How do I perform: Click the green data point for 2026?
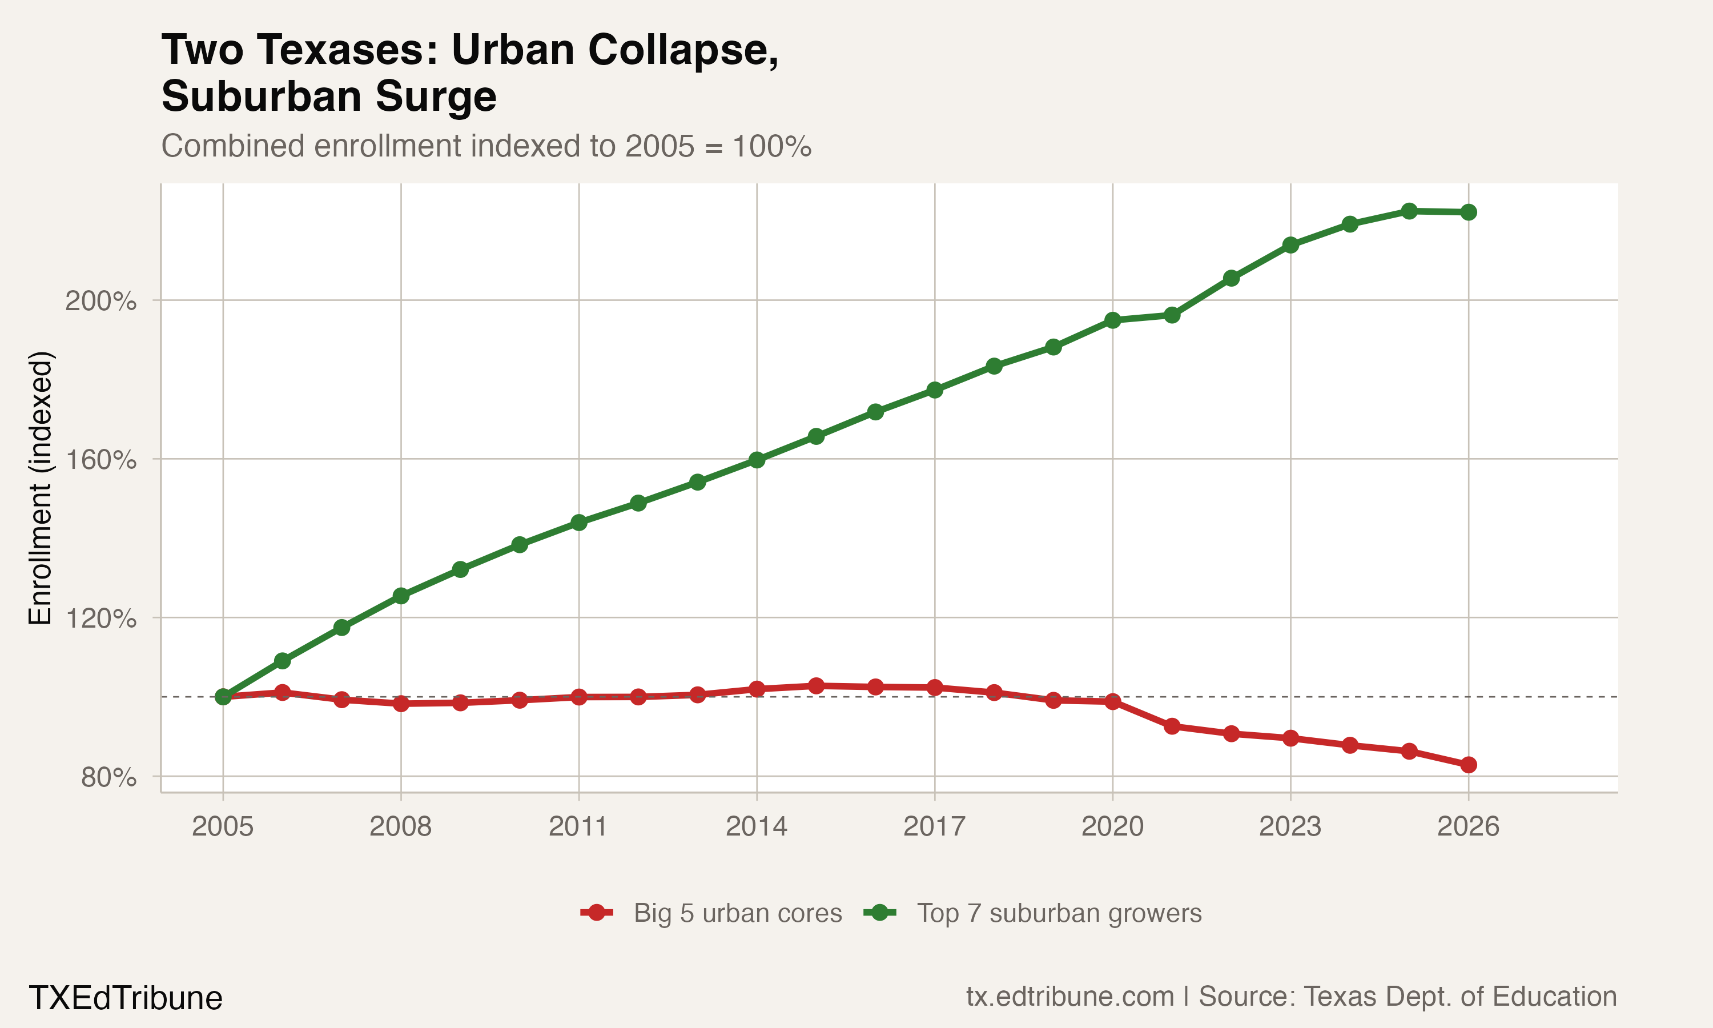coord(1468,212)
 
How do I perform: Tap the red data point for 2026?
coord(1468,765)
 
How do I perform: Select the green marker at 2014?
coord(757,460)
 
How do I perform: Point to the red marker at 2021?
coord(1172,726)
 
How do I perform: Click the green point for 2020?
coord(1113,320)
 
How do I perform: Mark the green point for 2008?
coord(401,596)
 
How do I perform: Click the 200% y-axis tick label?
coord(100,302)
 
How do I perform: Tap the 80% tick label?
coord(108,777)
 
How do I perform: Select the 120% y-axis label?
coord(100,619)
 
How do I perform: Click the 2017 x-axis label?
coord(934,826)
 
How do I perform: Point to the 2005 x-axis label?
coord(222,826)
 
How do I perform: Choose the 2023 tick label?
coord(1290,826)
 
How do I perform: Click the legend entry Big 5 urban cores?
coord(737,913)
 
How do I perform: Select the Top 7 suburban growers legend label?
coord(1059,913)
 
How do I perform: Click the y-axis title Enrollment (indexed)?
coord(40,488)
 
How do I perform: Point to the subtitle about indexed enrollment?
coord(486,146)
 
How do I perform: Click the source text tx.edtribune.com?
coord(1069,997)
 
